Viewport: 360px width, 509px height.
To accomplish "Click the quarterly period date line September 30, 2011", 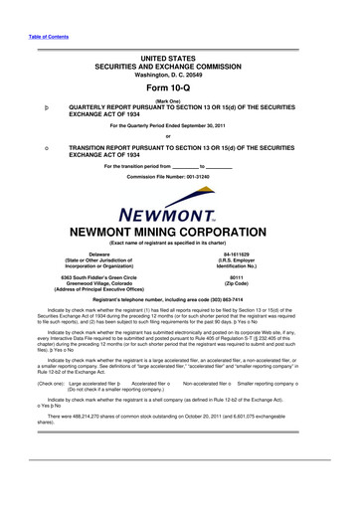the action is tap(179, 125).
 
